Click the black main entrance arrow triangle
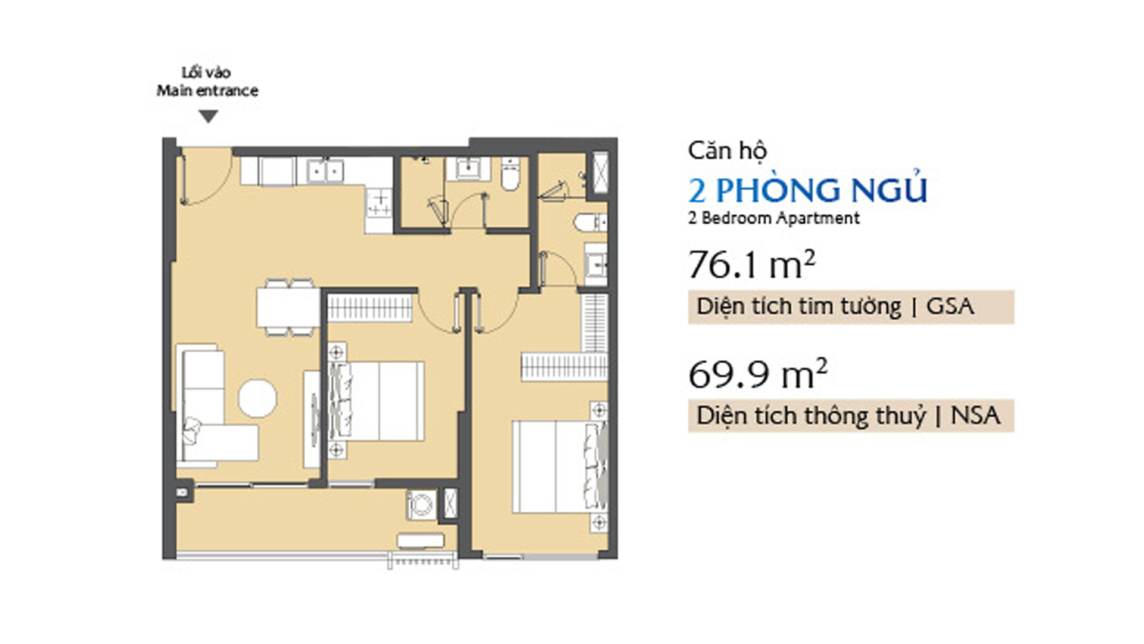[208, 117]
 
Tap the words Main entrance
[207, 91]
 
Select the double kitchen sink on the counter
[325, 171]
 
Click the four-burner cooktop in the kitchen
[380, 203]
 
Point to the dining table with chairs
[288, 307]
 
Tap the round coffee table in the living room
[257, 398]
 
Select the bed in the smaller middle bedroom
[377, 401]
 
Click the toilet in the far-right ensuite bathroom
[590, 222]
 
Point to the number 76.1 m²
[751, 265]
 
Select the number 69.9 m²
[758, 374]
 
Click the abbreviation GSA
[950, 306]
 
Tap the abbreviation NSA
[975, 416]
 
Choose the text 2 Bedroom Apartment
[773, 218]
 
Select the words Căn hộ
[727, 151]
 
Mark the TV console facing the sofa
[312, 419]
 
